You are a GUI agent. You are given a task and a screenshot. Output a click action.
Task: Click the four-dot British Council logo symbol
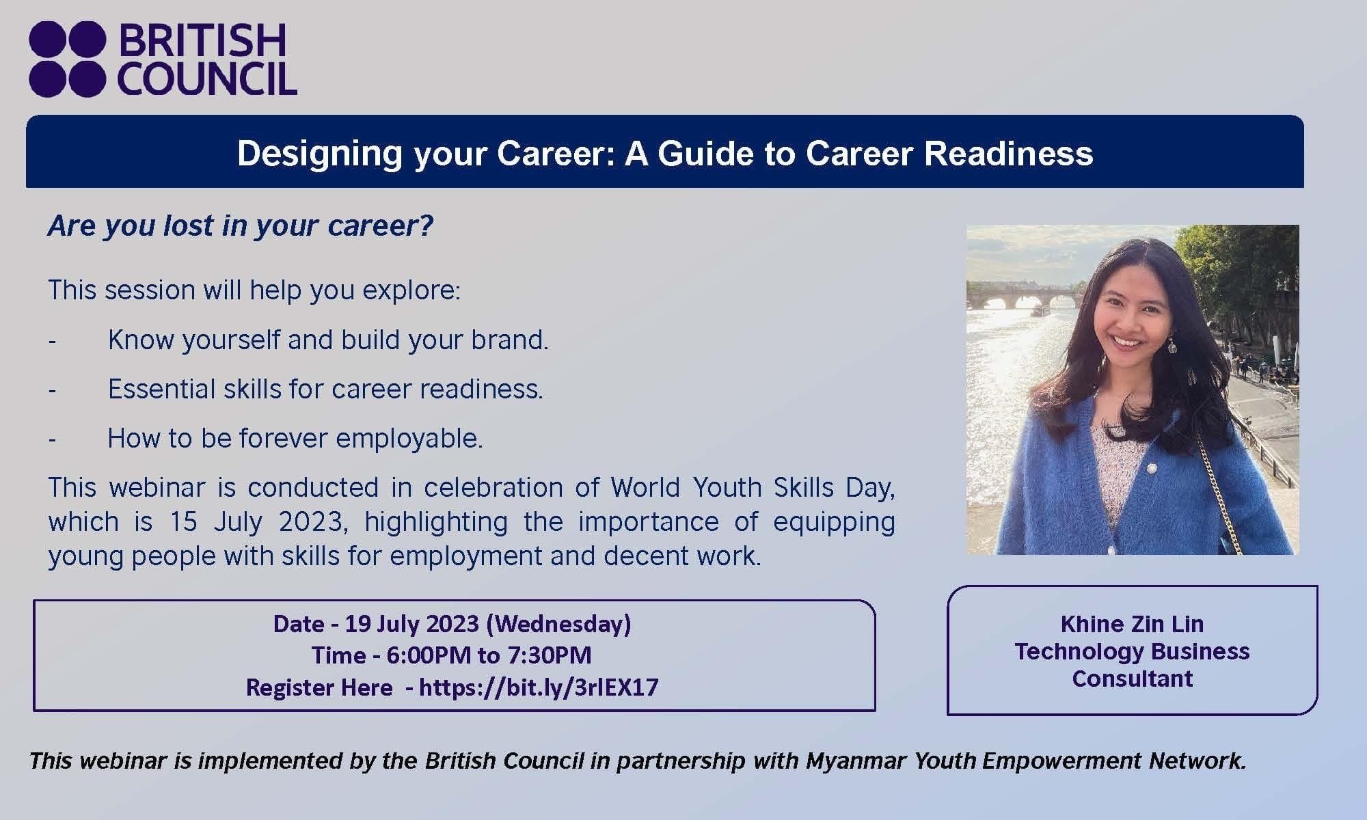click(68, 59)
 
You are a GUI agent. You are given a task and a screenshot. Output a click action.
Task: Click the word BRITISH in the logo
click(202, 41)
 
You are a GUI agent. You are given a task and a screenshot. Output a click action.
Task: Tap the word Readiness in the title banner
click(1008, 153)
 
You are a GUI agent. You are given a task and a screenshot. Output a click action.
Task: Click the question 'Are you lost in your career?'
click(241, 225)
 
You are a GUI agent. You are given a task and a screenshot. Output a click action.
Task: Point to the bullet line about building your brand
click(328, 340)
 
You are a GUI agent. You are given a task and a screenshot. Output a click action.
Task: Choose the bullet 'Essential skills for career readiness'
click(325, 389)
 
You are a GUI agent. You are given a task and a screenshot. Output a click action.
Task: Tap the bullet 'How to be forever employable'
click(295, 438)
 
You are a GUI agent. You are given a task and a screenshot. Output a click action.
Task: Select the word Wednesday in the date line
click(558, 623)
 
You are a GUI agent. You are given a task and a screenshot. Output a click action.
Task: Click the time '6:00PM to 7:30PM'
click(489, 655)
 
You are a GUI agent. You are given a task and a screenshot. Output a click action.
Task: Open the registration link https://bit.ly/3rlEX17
click(539, 687)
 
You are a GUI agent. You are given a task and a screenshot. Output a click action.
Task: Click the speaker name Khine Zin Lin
click(1132, 623)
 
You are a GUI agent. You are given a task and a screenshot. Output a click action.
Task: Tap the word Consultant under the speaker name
click(1132, 679)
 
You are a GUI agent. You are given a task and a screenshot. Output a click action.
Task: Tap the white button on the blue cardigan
click(1152, 469)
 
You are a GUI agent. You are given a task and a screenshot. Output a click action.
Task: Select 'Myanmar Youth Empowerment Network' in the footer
click(1025, 761)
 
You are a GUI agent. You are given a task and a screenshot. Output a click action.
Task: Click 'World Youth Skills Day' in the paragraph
click(752, 487)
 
